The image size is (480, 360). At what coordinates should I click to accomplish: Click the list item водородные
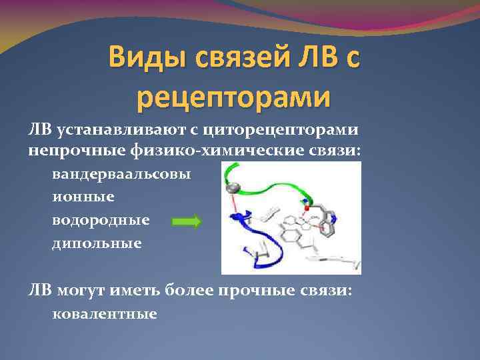[101, 220]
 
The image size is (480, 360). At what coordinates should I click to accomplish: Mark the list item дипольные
[97, 243]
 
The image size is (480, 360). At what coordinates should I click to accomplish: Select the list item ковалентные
[105, 313]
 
